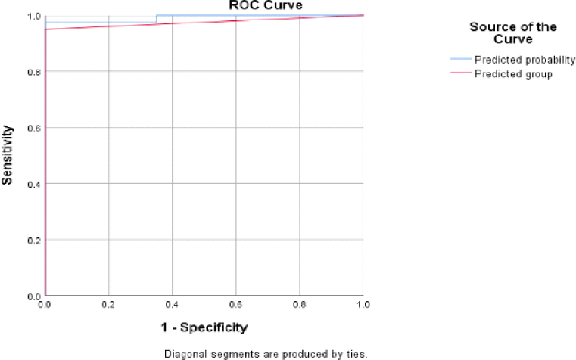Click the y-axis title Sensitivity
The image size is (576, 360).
[8, 156]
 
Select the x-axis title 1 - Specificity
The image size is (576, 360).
[204, 327]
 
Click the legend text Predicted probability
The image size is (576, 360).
[525, 60]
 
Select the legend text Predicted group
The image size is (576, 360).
[513, 73]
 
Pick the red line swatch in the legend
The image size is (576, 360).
[460, 73]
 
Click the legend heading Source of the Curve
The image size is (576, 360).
[513, 33]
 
